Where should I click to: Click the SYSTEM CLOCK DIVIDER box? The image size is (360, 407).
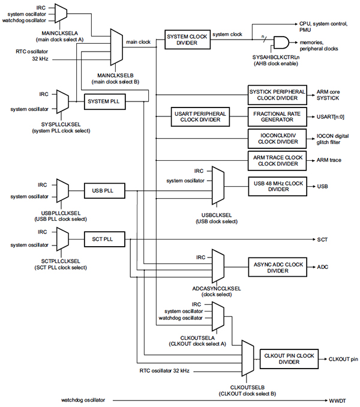pos(187,40)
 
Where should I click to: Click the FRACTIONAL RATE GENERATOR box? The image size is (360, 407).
pos(277,116)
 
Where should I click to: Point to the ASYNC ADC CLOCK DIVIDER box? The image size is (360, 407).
pos(277,267)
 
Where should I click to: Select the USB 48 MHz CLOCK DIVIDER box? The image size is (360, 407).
pos(277,185)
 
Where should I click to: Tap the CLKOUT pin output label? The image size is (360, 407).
pos(343,359)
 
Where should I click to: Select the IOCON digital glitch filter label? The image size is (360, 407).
pos(333,139)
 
